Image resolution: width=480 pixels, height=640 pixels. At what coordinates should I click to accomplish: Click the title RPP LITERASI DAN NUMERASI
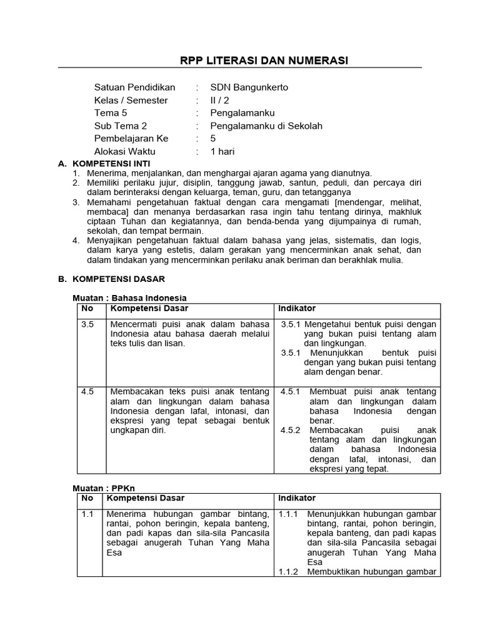264,60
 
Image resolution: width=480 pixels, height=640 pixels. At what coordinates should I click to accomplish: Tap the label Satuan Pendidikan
134,87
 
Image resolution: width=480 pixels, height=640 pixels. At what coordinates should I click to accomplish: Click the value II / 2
220,100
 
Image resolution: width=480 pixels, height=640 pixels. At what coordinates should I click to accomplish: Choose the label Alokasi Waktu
124,151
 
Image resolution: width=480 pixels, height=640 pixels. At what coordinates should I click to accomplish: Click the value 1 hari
222,151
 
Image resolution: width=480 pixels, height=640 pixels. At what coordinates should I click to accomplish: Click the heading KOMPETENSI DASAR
118,279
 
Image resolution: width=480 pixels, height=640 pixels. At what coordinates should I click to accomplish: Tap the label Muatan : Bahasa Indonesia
130,298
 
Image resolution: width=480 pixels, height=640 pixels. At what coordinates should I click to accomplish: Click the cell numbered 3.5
87,324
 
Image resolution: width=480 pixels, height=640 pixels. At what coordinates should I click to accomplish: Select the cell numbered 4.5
87,392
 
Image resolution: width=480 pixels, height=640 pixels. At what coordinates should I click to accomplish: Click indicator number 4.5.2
290,431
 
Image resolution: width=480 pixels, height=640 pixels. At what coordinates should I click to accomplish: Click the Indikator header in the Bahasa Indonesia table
297,309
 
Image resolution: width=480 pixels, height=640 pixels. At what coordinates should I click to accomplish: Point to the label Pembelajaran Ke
131,139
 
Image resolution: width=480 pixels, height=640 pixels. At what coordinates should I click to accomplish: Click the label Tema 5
111,113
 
